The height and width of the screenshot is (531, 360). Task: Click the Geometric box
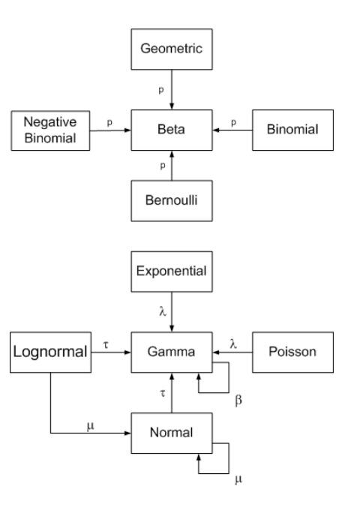coord(172,49)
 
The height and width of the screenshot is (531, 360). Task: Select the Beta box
coord(172,130)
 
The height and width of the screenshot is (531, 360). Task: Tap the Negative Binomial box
coord(50,130)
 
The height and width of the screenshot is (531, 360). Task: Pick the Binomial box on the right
coord(292,130)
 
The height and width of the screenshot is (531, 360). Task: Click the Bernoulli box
coord(172,201)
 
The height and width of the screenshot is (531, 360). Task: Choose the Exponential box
coord(172,271)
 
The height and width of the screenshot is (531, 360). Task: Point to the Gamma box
coord(172,352)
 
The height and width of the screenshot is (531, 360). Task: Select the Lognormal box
coord(50,352)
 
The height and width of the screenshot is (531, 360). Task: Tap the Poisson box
coord(292,352)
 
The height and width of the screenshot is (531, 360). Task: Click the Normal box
coord(172,433)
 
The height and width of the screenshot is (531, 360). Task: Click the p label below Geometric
coord(161,91)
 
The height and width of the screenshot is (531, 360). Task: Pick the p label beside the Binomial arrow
coord(233,123)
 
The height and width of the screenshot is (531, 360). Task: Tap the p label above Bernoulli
coord(163,166)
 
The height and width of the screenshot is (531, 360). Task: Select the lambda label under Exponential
coord(163,311)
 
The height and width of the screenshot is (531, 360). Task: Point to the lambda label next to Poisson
coord(233,344)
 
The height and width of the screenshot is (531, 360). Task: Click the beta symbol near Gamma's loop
coord(238,400)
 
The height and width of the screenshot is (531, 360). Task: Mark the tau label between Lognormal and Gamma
coord(106,345)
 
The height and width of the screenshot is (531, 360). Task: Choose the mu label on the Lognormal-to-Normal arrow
coord(91,426)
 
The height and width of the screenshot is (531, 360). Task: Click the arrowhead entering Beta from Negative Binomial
coord(127,130)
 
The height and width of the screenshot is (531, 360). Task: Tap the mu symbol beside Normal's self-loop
coord(238,479)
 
